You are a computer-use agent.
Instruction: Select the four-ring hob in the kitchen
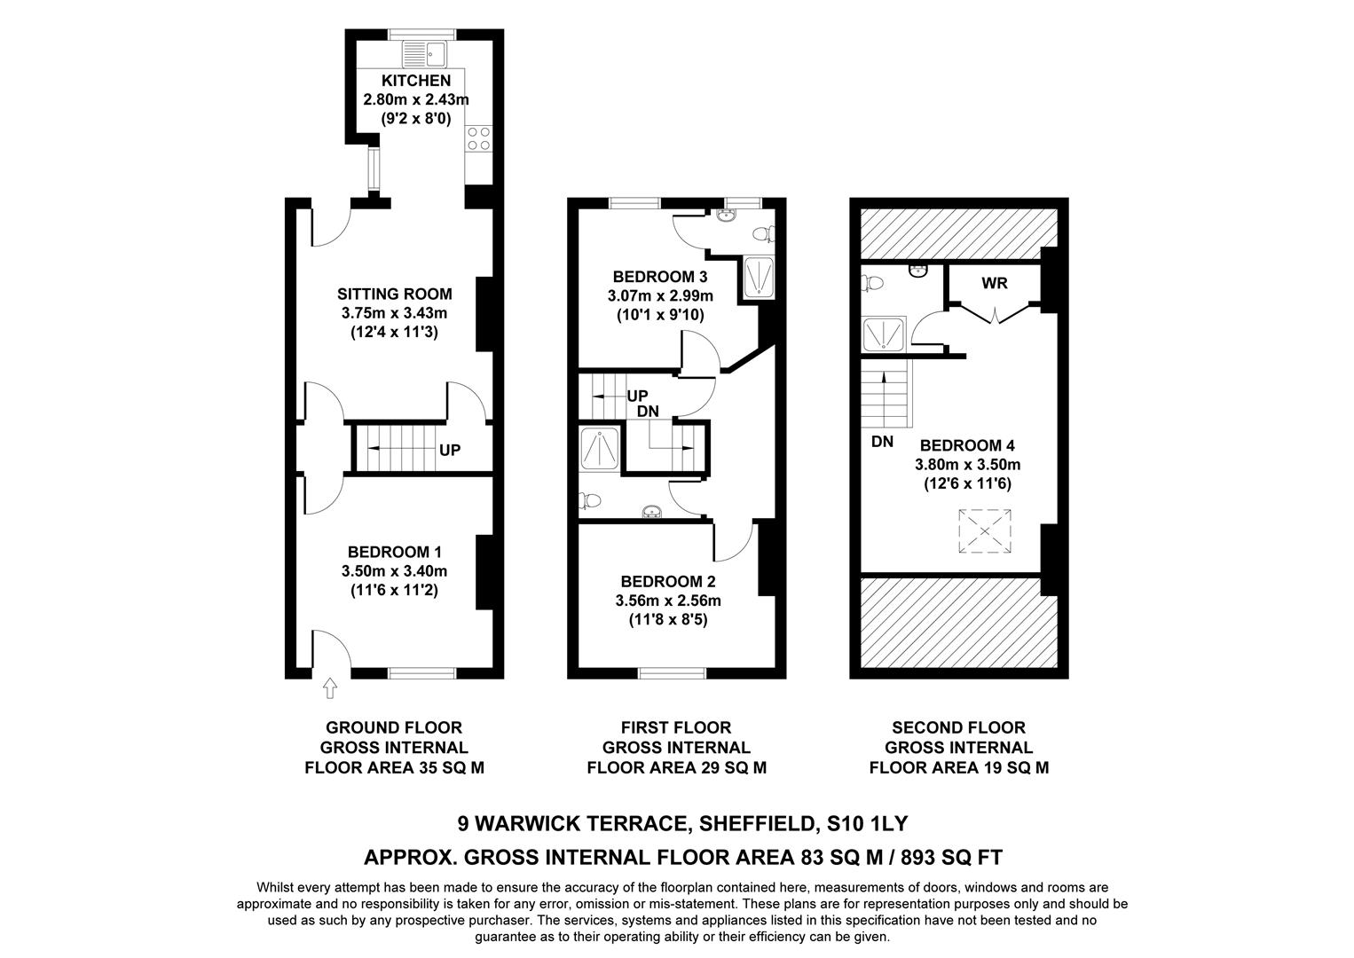pos(478,138)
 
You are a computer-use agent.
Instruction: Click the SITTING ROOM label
pos(394,294)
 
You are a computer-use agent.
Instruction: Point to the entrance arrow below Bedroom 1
pos(330,687)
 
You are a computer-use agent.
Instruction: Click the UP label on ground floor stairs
pos(450,450)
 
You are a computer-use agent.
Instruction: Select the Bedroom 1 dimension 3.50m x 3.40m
pos(394,571)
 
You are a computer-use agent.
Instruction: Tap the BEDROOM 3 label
pos(660,276)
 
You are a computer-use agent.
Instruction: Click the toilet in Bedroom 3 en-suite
pos(761,234)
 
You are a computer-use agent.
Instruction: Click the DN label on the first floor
pos(648,412)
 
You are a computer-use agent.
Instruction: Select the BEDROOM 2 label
pos(667,582)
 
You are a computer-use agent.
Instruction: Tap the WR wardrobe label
pos(994,284)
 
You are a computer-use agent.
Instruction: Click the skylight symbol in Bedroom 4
pos(984,531)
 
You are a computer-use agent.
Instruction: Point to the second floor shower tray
pos(884,334)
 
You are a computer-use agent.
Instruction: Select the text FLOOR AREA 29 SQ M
pos(676,767)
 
